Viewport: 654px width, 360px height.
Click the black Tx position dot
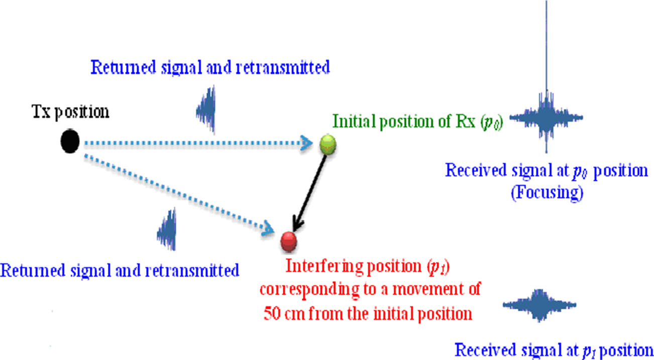pyautogui.click(x=70, y=142)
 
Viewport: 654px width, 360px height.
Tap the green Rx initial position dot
pyautogui.click(x=328, y=144)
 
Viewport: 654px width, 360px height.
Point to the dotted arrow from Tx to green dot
pyautogui.click(x=196, y=144)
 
